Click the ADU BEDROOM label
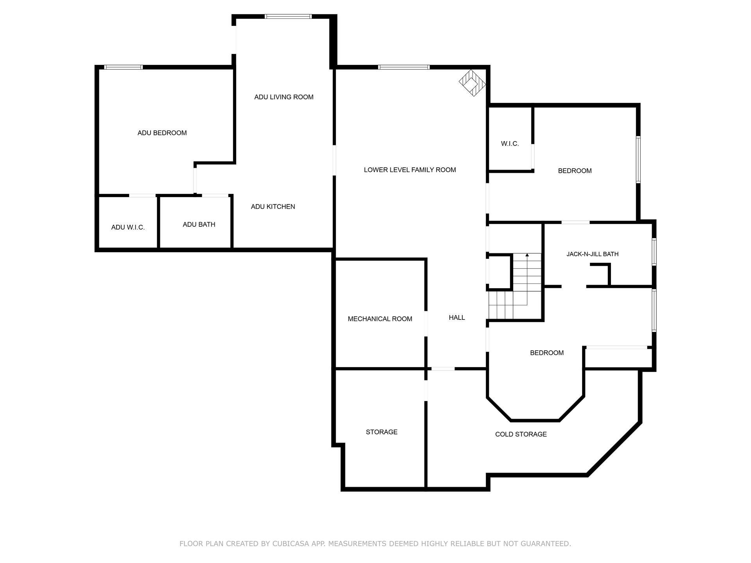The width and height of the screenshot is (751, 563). point(162,133)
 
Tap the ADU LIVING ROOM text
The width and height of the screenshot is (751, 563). point(284,97)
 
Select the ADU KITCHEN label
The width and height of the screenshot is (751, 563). point(273,206)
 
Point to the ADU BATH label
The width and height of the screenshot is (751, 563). point(199,224)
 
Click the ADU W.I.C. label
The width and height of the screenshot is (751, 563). point(128,227)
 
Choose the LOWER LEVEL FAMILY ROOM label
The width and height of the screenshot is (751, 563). point(410,170)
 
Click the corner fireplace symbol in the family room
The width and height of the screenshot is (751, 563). point(473,83)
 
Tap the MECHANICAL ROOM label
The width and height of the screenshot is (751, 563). point(380,319)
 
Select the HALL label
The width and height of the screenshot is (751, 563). point(457,317)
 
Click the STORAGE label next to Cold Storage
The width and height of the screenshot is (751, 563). point(382,432)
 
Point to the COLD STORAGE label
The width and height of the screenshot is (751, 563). point(521,434)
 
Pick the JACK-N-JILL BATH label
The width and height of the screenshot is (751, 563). point(593,254)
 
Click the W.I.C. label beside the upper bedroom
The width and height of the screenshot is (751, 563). point(510,144)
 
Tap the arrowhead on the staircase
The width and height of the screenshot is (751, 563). point(527,255)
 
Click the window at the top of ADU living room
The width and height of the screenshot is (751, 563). point(288,16)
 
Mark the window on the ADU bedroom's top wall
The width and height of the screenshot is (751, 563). point(123,67)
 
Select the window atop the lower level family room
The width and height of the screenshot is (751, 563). point(404,67)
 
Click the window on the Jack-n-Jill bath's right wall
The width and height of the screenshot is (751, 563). point(654,252)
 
